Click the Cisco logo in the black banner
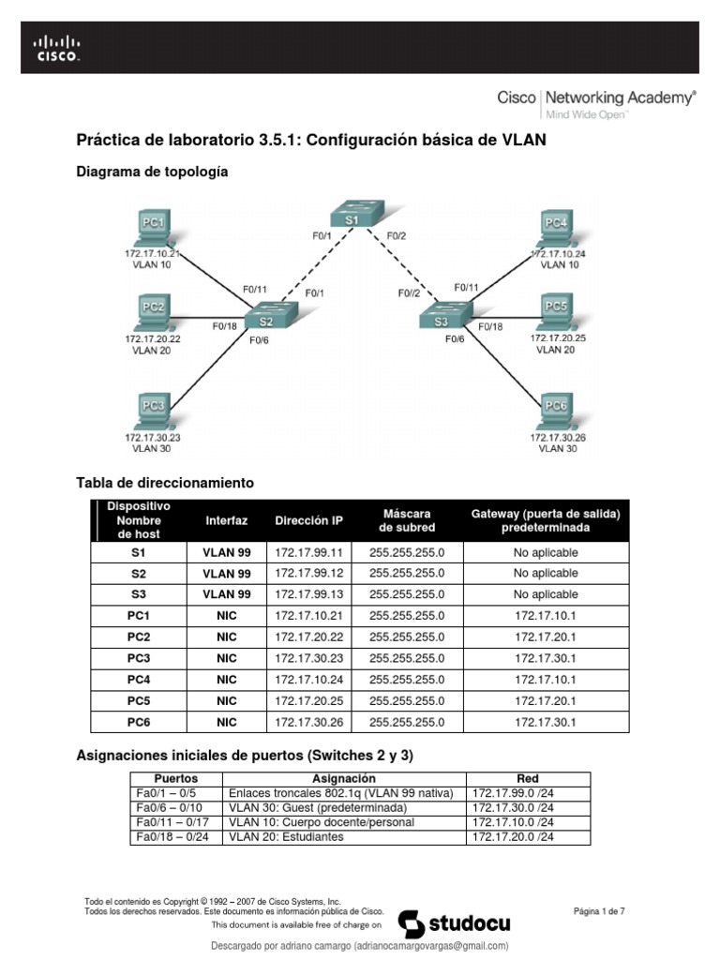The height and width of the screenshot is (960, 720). click(57, 47)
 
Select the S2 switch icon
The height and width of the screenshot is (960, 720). click(265, 319)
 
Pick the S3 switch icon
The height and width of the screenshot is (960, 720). click(442, 319)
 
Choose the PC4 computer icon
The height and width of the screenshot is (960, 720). click(557, 228)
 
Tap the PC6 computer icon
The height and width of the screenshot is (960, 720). click(557, 410)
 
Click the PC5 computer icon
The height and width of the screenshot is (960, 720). click(557, 309)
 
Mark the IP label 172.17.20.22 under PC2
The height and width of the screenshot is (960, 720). click(153, 338)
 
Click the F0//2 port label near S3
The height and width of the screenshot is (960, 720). click(408, 292)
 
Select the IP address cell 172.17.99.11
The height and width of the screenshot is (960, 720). click(308, 552)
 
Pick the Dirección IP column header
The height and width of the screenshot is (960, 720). click(308, 520)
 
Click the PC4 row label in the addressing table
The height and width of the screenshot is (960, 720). click(140, 680)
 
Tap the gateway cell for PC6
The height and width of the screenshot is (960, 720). click(546, 722)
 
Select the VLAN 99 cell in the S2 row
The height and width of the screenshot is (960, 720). click(227, 573)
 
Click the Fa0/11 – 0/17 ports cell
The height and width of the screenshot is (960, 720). click(175, 822)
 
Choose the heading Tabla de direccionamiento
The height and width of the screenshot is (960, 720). click(165, 483)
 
